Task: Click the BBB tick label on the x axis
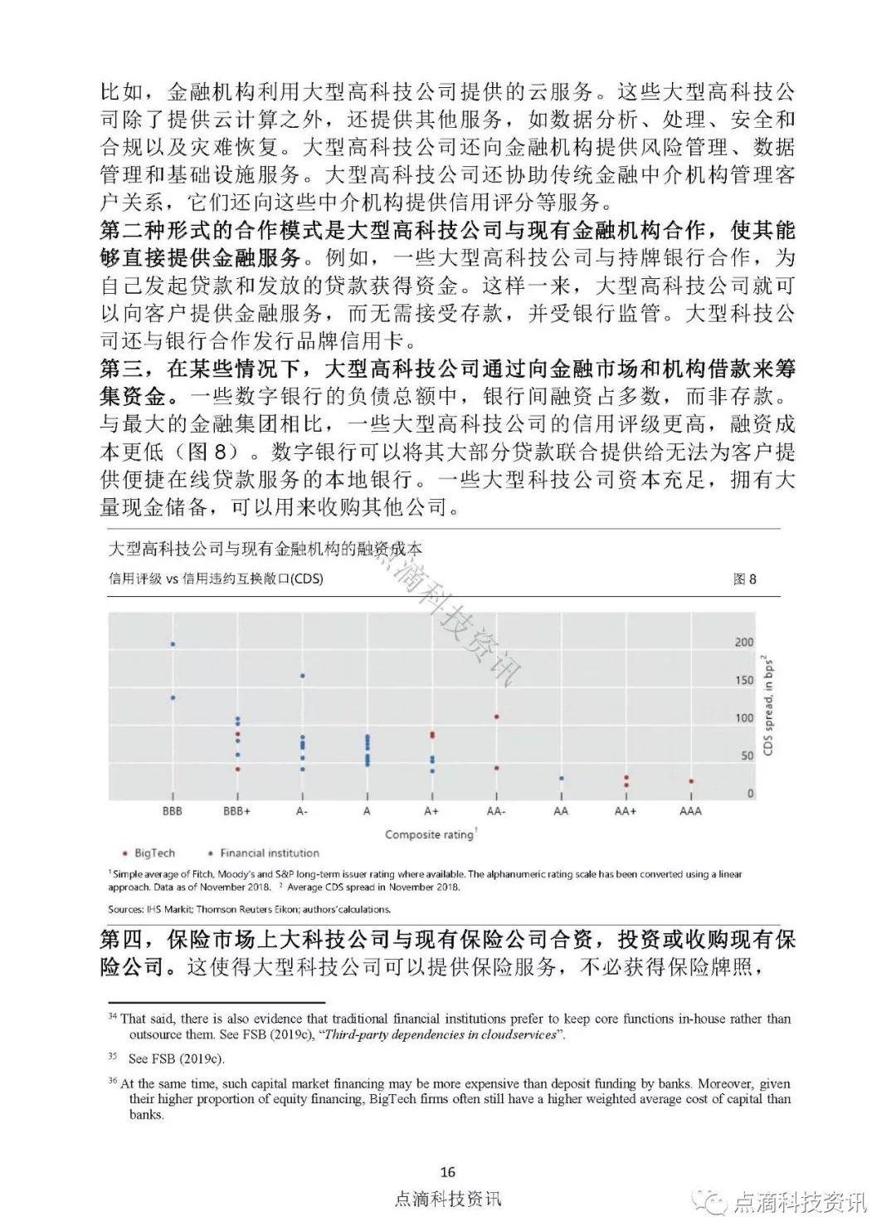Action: (173, 810)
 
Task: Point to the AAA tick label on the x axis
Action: (690, 810)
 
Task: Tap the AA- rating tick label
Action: (496, 810)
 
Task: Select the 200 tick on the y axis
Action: (744, 643)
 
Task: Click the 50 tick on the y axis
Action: (746, 755)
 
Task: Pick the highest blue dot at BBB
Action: (173, 644)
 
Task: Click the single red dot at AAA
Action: (690, 781)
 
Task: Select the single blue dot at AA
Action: (561, 779)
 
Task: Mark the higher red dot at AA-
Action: (496, 716)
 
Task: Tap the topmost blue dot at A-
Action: (302, 676)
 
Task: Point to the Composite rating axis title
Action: (430, 834)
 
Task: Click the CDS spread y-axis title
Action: (768, 706)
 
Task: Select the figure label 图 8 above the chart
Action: (744, 579)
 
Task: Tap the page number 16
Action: (448, 1171)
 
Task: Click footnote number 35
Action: (113, 1058)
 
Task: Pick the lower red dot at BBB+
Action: (237, 769)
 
